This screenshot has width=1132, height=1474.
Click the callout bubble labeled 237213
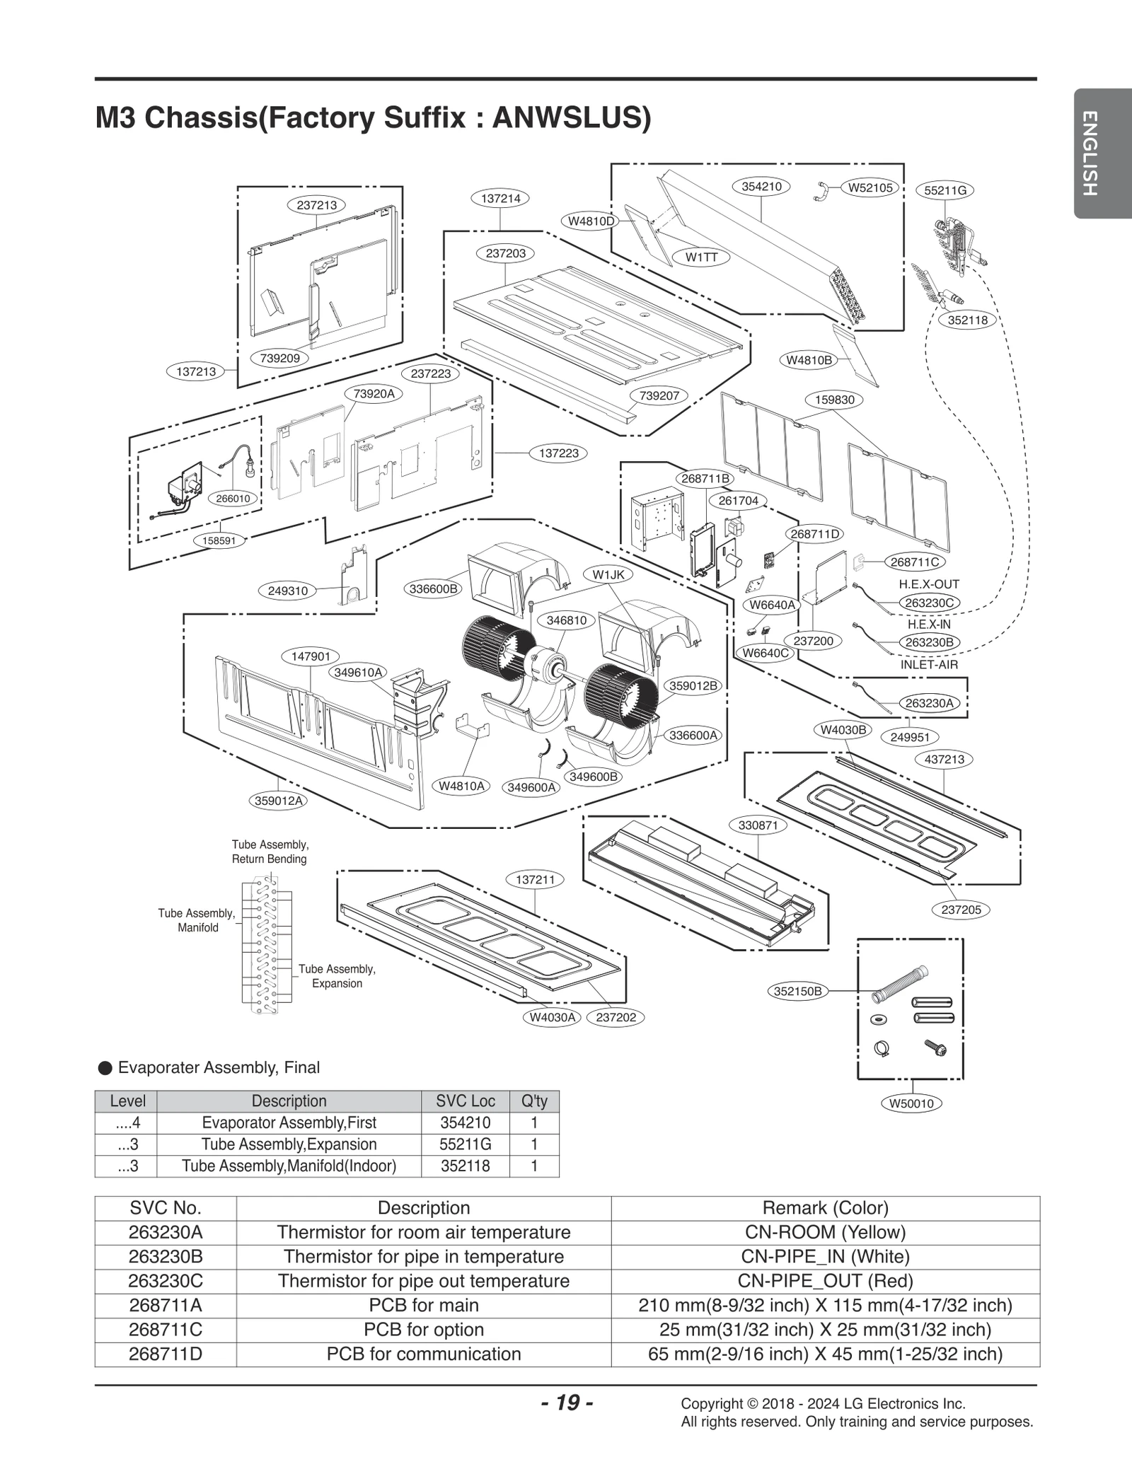pos(316,205)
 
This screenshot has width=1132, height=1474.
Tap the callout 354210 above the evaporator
pos(761,187)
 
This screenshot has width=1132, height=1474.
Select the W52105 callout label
pos(870,187)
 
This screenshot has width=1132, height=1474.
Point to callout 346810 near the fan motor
pos(566,620)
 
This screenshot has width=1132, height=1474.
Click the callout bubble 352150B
pos(797,991)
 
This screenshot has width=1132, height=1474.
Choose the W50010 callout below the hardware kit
pos(911,1103)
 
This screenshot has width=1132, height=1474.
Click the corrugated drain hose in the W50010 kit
pos(899,984)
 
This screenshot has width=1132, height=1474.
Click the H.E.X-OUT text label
pos(929,584)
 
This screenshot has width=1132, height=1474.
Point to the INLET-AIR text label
pos(929,665)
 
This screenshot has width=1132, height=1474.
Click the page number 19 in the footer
pos(567,1402)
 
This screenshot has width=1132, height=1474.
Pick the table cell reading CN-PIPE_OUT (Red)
pos(825,1281)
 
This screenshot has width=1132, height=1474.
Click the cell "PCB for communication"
pos(423,1354)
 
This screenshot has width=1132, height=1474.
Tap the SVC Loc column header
pos(465,1101)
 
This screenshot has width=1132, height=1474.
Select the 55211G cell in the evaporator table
pos(465,1144)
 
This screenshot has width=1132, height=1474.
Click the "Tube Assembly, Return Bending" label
pos(270,852)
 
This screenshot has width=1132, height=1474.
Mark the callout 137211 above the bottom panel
pos(535,879)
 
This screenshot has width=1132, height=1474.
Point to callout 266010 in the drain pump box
pos(233,498)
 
